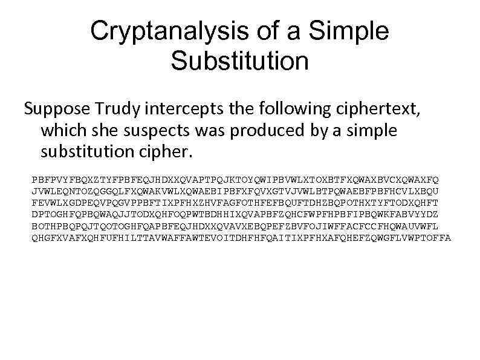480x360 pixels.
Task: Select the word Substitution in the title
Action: point(239,61)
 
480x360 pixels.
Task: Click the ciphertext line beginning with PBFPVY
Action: point(236,180)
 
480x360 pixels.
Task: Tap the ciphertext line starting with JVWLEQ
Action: point(236,191)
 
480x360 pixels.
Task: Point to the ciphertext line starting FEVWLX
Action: point(236,203)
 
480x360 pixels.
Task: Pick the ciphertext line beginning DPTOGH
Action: point(236,214)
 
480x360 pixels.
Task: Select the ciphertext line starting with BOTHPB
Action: point(236,226)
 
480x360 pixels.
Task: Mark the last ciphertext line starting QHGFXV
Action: point(241,237)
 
